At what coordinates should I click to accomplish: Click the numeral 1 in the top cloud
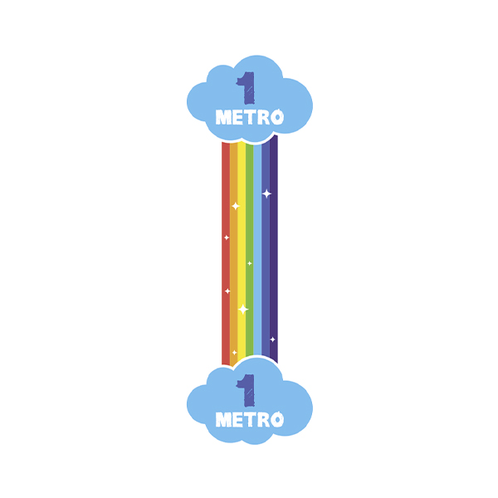point(247,88)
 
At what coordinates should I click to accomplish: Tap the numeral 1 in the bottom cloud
point(247,390)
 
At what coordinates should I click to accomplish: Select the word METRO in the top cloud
point(250,117)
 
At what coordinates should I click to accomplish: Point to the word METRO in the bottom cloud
point(250,419)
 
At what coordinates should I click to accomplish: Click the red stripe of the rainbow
point(226,254)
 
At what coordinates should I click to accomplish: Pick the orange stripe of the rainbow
point(233,254)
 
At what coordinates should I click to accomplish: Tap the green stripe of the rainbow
point(249,251)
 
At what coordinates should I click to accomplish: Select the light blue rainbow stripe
point(257,251)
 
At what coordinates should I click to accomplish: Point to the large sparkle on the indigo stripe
point(266,193)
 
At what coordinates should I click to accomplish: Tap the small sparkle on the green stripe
point(250,263)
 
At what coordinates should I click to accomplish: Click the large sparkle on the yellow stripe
point(243,309)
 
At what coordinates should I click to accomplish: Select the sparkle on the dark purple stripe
point(272,339)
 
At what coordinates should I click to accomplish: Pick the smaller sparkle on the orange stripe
point(234,353)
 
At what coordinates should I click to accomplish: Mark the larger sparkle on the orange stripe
point(236,206)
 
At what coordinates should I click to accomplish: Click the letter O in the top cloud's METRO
point(277,117)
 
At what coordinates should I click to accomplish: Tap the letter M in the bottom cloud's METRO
point(223,419)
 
